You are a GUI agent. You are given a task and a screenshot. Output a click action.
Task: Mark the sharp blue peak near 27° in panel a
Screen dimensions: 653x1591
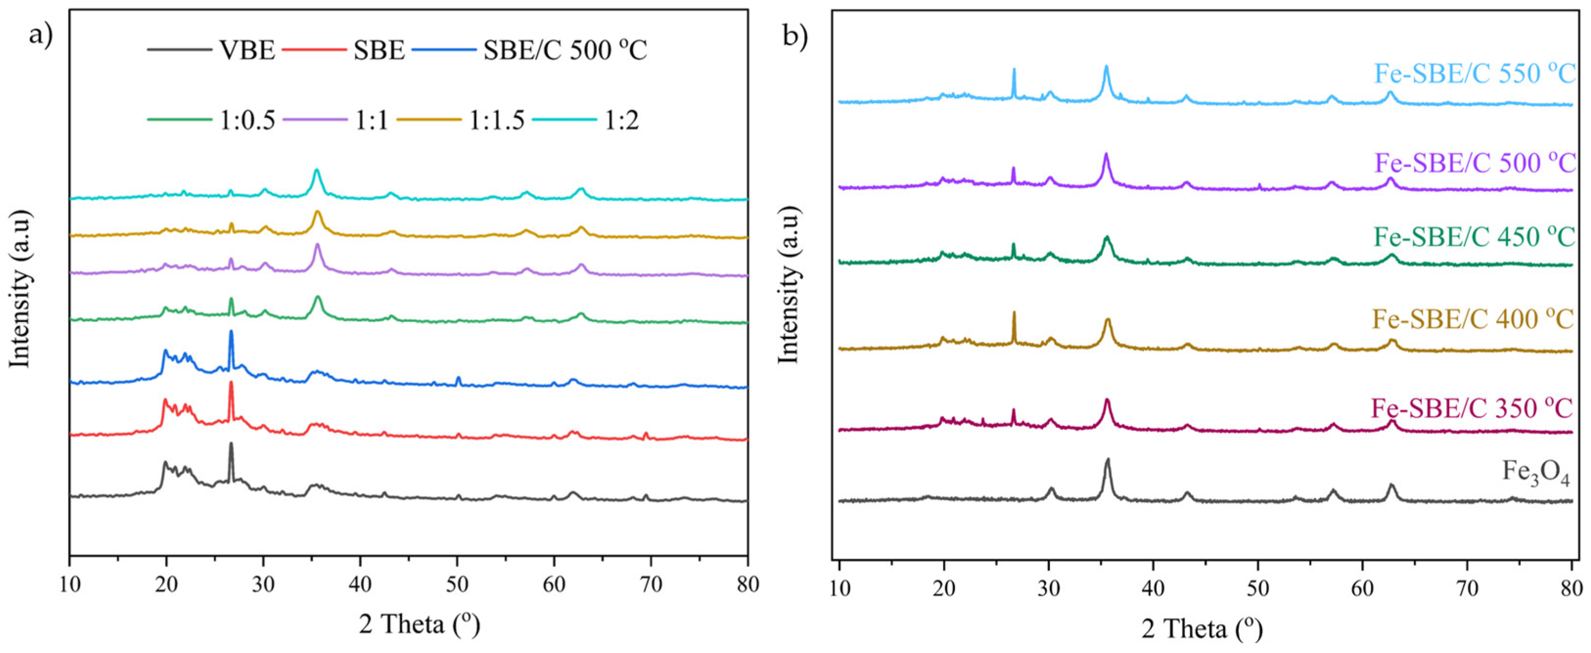click(x=231, y=332)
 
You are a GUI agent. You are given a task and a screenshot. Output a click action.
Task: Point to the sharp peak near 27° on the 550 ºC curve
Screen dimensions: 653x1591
click(x=1014, y=87)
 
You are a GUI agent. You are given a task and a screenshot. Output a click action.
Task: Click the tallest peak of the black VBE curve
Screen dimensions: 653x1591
click(x=231, y=444)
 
